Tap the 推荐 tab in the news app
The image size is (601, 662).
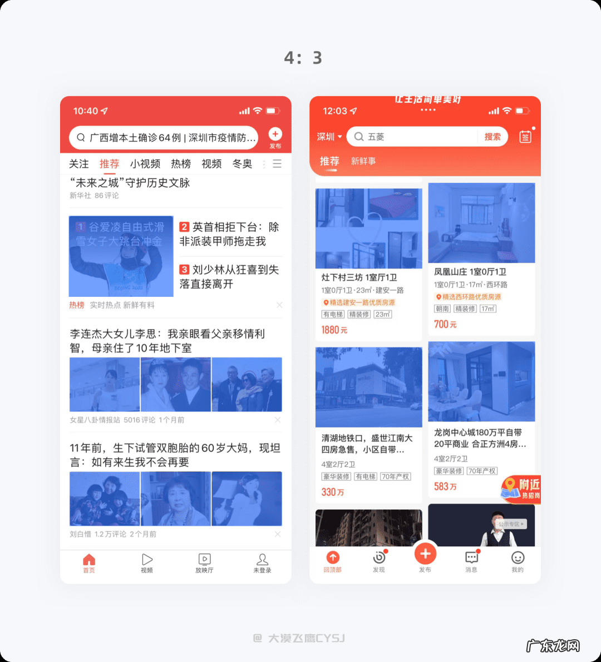[x=109, y=164]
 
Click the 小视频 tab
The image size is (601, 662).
[x=145, y=164]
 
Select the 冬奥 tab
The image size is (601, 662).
[x=242, y=164]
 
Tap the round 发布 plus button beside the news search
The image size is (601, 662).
[x=275, y=134]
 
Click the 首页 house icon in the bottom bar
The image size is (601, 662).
[x=89, y=559]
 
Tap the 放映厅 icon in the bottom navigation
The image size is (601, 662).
[x=204, y=559]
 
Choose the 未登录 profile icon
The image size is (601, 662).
[x=262, y=559]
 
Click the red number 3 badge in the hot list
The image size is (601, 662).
[x=184, y=270]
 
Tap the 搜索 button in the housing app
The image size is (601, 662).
[x=492, y=137]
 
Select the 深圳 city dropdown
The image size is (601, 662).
[x=329, y=137]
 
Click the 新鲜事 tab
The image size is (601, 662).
[x=363, y=161]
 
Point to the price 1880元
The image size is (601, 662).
[x=334, y=330]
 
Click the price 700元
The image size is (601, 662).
[x=445, y=324]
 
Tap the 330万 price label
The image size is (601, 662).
[x=333, y=492]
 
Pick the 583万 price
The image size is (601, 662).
[x=445, y=486]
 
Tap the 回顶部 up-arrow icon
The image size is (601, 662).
[x=333, y=558]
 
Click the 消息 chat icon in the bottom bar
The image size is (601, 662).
[x=471, y=558]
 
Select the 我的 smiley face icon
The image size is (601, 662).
[x=518, y=558]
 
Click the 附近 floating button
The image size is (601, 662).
[x=521, y=489]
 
